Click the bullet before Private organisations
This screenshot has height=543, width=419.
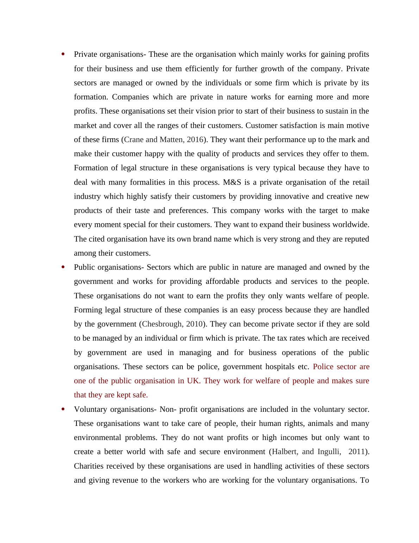(63, 54)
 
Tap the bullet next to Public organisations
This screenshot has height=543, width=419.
(63, 267)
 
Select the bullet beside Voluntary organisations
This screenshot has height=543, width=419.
(63, 409)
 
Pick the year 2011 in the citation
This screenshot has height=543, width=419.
(356, 452)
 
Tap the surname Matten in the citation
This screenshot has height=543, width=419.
(171, 140)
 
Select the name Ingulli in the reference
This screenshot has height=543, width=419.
(329, 452)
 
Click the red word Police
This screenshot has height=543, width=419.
(323, 367)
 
